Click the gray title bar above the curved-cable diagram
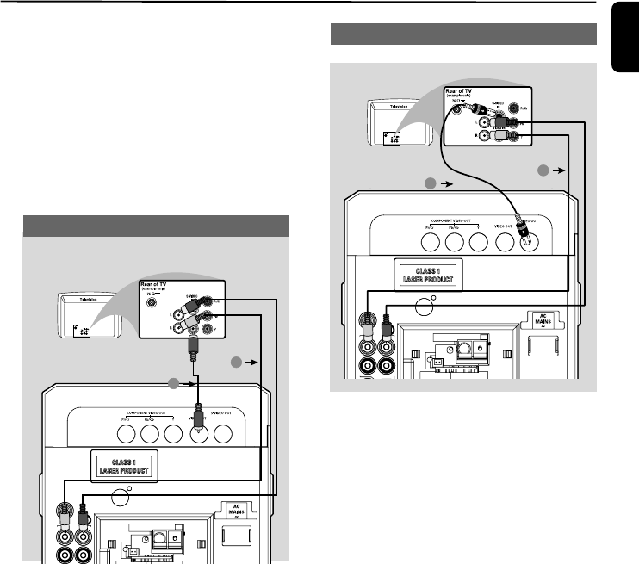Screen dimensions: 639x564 pyautogui.click(x=465, y=34)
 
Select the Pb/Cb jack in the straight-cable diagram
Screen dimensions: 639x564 pyautogui.click(x=147, y=432)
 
